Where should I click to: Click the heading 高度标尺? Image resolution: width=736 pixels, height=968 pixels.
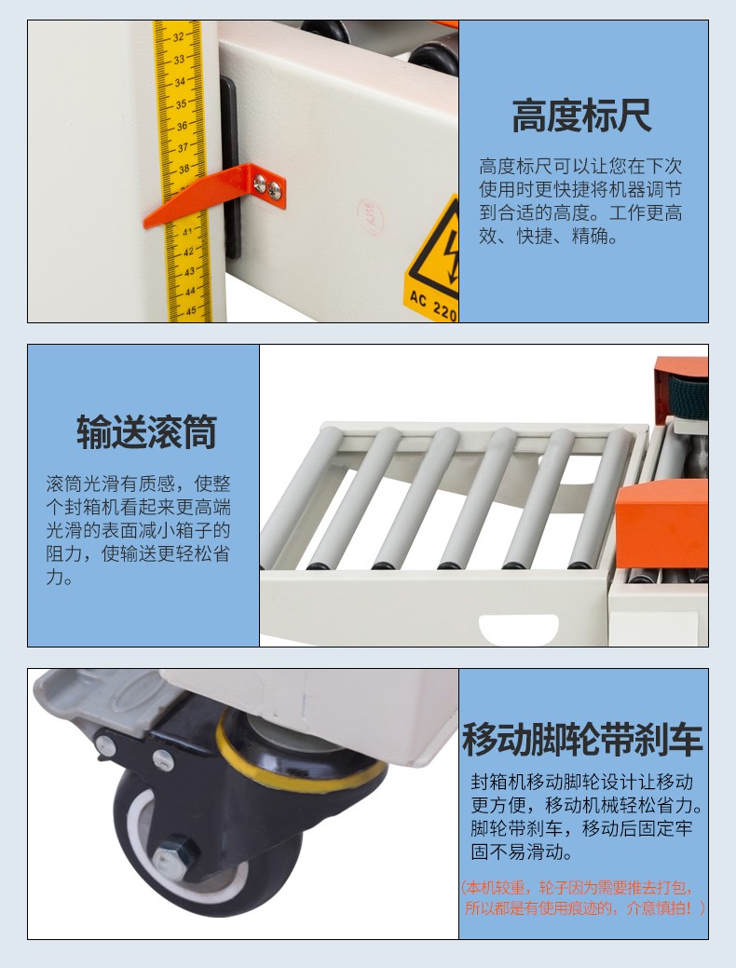tap(581, 116)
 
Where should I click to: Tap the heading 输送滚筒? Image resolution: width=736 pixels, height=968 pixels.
tap(147, 431)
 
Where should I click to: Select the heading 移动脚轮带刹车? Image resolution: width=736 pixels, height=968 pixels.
tap(583, 739)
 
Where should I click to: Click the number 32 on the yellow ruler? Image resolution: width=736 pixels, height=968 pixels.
tap(178, 37)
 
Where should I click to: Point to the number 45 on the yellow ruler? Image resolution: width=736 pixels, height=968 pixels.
tap(190, 310)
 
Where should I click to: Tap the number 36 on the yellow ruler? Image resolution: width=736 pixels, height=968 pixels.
tap(183, 126)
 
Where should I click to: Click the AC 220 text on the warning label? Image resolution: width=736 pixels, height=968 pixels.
tap(433, 306)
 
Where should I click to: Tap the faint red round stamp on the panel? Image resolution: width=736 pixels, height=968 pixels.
tap(370, 216)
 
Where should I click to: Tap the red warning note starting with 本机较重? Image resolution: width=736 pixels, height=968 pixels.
tap(583, 897)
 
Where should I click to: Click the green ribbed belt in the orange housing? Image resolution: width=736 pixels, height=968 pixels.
tap(688, 396)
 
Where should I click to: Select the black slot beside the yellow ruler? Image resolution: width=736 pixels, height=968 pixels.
tap(230, 168)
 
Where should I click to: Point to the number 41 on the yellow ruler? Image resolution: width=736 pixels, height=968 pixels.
tap(187, 232)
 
